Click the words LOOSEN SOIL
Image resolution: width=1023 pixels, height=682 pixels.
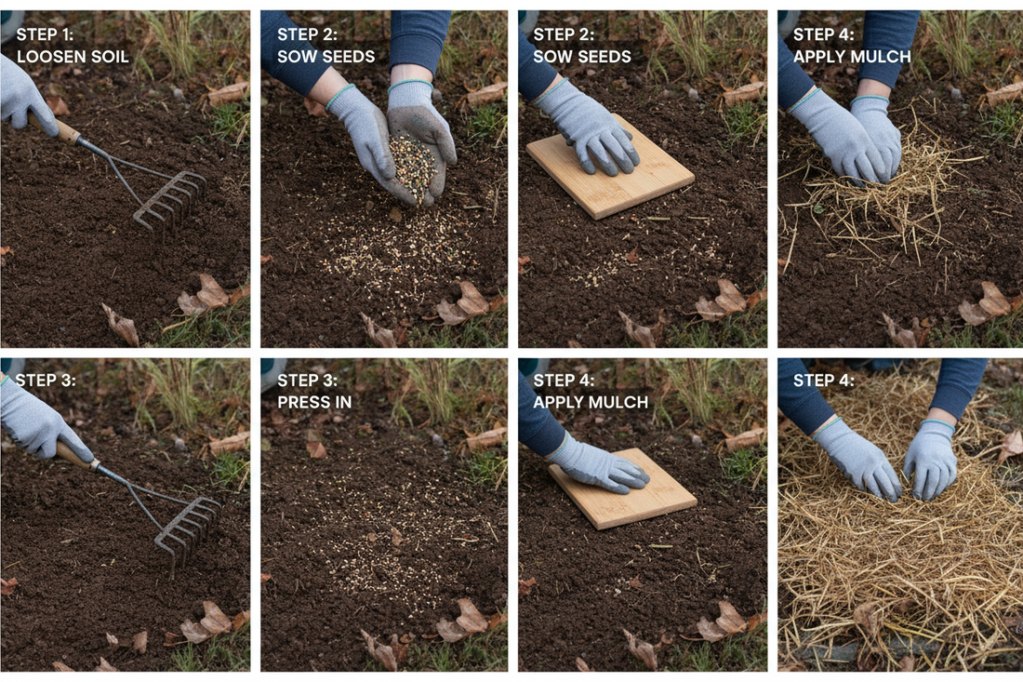point(73,57)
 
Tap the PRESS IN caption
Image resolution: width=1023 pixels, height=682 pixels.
point(314,402)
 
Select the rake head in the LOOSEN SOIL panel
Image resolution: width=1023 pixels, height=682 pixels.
point(169,198)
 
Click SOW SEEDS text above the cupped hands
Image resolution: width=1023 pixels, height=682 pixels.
point(325,57)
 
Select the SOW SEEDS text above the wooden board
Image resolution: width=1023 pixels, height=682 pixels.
point(582,57)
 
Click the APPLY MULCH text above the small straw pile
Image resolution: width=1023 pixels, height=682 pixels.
point(851,57)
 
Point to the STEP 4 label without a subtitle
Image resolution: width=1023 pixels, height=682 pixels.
point(824,380)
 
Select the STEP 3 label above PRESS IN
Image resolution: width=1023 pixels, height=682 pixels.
point(308,380)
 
